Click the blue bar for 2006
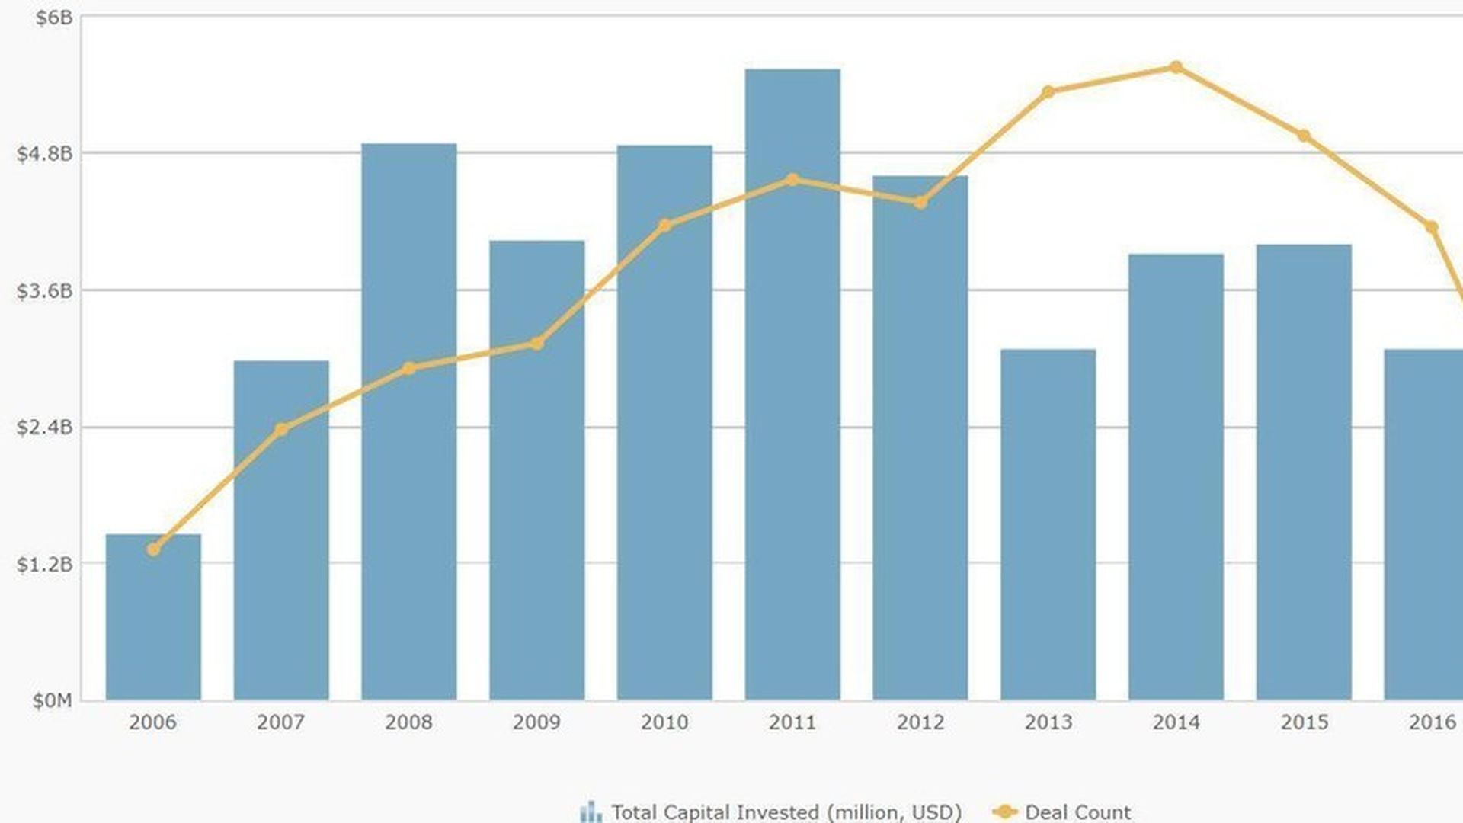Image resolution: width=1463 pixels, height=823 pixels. pos(153,617)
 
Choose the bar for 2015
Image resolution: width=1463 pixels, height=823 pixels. pos(1304,472)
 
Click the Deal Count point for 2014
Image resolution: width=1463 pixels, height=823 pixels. pos(1176,68)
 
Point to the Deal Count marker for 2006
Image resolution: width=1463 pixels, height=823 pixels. pos(153,549)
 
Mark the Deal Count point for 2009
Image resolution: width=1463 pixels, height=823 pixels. pos(536,344)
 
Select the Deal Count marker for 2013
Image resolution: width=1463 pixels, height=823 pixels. pos(1048,92)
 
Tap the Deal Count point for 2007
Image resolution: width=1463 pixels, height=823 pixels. pos(281,430)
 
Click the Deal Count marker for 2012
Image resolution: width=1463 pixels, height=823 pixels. pos(920,203)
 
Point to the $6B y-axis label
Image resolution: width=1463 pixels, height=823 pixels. pos(53,18)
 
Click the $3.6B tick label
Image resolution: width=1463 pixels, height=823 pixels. pos(45,291)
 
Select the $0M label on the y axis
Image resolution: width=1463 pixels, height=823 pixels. pos(52,700)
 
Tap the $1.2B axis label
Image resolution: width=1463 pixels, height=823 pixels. pos(45,565)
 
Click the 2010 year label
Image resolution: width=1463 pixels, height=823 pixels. pos(664,722)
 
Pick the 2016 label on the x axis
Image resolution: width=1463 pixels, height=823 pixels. pos(1432,722)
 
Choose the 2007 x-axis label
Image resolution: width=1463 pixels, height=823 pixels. pos(281,722)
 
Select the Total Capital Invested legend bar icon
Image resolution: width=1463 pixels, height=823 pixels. pos(591,812)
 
